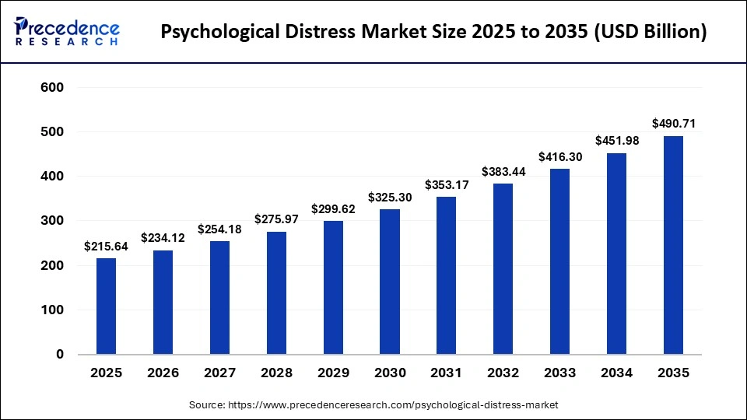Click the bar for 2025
pyautogui.click(x=106, y=306)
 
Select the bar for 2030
pyautogui.click(x=390, y=282)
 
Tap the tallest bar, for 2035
pyautogui.click(x=673, y=245)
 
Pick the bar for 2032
pyautogui.click(x=503, y=268)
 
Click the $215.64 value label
pyautogui.click(x=106, y=246)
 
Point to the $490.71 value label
pyautogui.click(x=673, y=124)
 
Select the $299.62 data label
pyautogui.click(x=333, y=208)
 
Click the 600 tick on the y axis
pyautogui.click(x=51, y=88)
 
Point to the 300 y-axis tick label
pyautogui.click(x=51, y=221)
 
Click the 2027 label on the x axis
pyautogui.click(x=219, y=373)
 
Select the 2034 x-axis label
pyautogui.click(x=616, y=373)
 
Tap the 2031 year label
pyautogui.click(x=447, y=373)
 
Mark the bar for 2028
pyautogui.click(x=276, y=292)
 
